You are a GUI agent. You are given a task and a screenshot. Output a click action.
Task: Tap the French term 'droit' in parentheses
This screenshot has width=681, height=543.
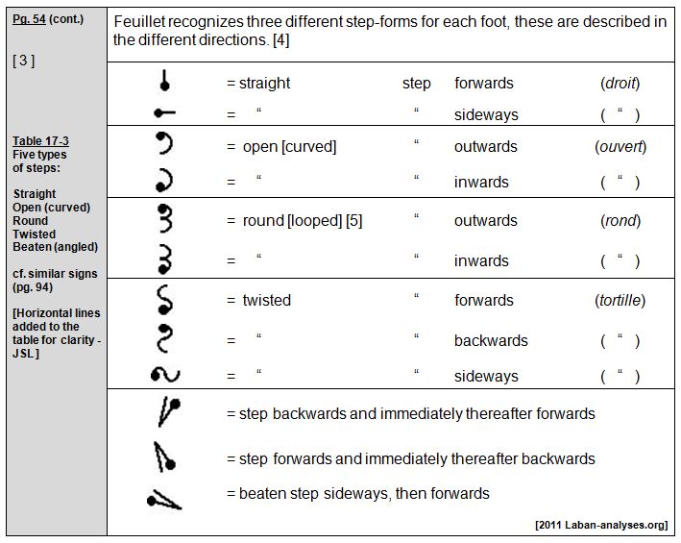pos(620,84)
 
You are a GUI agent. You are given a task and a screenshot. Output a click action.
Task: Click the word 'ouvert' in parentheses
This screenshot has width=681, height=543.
pos(620,147)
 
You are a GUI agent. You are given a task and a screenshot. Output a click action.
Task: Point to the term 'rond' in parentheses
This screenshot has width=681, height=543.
pos(620,221)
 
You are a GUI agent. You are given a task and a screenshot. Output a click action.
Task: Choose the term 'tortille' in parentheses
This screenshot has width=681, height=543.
pos(620,301)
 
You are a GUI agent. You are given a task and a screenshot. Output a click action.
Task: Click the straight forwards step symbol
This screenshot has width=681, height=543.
pos(165,83)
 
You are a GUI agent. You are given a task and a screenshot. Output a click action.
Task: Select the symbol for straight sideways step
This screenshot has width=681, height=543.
pos(165,113)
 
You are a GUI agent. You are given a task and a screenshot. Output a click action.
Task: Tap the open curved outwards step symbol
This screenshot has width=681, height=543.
pos(165,145)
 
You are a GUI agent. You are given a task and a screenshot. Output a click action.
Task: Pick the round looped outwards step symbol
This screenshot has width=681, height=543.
pos(165,220)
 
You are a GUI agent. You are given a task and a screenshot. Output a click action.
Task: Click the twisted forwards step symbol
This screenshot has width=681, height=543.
pos(165,299)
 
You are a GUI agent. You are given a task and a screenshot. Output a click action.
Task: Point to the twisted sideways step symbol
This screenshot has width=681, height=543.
pos(166,375)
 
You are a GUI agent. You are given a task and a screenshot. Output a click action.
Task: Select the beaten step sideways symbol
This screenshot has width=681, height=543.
pos(164,497)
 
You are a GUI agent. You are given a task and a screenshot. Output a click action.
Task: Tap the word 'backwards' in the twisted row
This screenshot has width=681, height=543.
pos(491,341)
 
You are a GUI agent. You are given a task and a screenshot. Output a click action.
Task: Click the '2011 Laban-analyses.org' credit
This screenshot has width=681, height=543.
pos(601,525)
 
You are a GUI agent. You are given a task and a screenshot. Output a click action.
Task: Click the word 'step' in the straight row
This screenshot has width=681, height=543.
pos(416,84)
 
